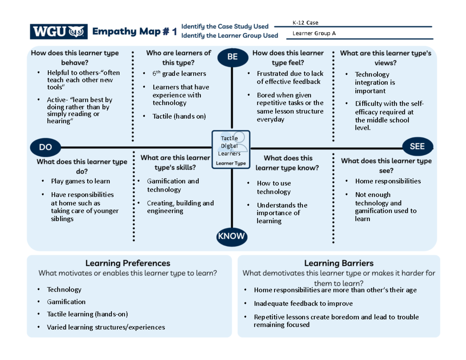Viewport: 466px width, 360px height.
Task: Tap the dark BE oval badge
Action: pyautogui.click(x=232, y=57)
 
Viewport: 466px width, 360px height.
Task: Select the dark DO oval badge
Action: pyautogui.click(x=45, y=147)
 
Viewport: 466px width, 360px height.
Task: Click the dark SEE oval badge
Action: pyautogui.click(x=417, y=146)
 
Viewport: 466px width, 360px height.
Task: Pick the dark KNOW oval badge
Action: pyautogui.click(x=231, y=236)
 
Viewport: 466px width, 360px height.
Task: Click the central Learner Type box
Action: pyautogui.click(x=231, y=150)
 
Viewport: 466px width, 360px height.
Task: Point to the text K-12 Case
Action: pyautogui.click(x=307, y=23)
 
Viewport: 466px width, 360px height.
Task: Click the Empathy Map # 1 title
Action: pyautogui.click(x=134, y=32)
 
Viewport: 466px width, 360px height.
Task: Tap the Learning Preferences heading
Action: pyautogui.click(x=128, y=263)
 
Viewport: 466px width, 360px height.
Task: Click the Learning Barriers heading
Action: pyautogui.click(x=339, y=263)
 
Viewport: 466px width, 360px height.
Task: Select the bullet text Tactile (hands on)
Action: pyautogui.click(x=179, y=116)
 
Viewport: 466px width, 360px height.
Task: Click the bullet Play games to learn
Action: pyautogui.click(x=80, y=181)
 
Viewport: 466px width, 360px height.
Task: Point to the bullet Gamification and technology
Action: pyautogui.click(x=173, y=185)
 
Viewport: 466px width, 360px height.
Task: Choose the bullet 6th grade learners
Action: pyautogui.click(x=179, y=73)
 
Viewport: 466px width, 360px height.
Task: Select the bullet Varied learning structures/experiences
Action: pyautogui.click(x=106, y=327)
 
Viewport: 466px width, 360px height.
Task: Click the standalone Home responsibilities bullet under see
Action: pyautogui.click(x=388, y=181)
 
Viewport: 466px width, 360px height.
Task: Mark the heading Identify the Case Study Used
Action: pyautogui.click(x=225, y=26)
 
